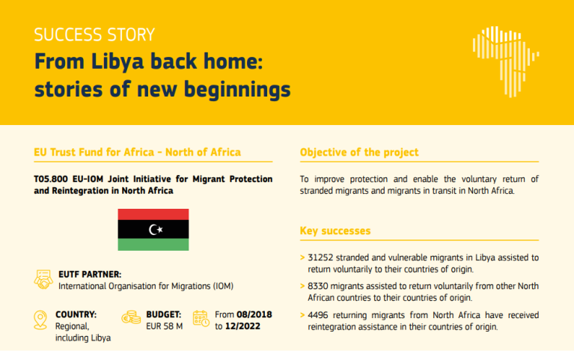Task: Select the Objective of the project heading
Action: coord(359,153)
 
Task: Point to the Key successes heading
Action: coord(335,231)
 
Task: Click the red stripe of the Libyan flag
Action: coord(153,214)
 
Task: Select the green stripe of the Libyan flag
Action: coord(153,245)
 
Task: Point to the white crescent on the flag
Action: coord(153,229)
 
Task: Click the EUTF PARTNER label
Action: coord(90,275)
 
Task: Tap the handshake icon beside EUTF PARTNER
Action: coord(43,280)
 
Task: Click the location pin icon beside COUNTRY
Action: coord(41,320)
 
